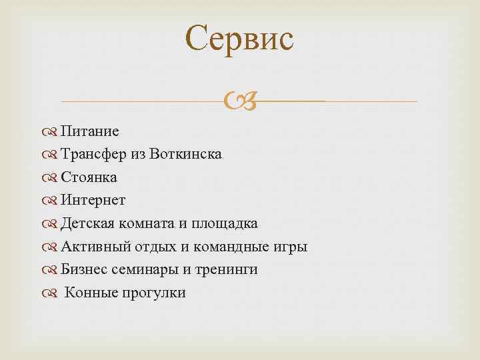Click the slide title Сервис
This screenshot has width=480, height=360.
point(239,39)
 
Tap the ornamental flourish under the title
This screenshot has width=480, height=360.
point(239,101)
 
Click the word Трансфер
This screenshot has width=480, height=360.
point(96,155)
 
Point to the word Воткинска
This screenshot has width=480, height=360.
point(187,155)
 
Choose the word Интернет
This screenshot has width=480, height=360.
point(93,200)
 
